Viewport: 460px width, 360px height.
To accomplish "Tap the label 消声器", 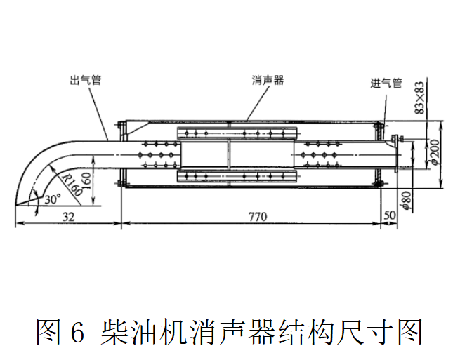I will click(268, 80).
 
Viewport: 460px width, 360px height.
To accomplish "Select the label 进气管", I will click(386, 83).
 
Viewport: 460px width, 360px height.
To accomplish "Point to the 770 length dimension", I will click(257, 217).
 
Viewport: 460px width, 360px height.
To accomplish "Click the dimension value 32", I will click(68, 217).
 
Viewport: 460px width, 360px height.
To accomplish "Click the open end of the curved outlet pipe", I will click(28, 204).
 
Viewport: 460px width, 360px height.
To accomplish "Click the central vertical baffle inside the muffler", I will click(228, 154).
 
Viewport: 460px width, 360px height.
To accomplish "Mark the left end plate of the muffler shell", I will click(121, 154).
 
